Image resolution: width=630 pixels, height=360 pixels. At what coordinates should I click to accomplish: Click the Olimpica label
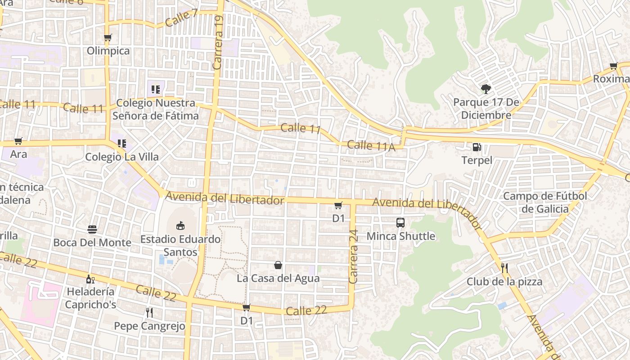[x=108, y=51]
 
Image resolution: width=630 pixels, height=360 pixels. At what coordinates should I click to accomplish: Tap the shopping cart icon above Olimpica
[x=108, y=38]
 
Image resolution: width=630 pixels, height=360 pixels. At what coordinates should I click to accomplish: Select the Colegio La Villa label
[x=122, y=157]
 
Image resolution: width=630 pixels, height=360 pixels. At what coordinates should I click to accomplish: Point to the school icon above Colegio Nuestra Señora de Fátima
[x=156, y=89]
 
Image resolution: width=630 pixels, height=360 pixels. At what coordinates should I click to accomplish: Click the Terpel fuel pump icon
[x=477, y=147]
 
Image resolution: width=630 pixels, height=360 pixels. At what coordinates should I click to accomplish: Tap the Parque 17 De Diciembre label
[x=486, y=109]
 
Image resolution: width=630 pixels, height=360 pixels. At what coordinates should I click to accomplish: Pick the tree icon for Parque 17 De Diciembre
[x=486, y=89]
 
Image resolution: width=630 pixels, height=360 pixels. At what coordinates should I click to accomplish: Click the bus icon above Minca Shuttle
[x=400, y=222]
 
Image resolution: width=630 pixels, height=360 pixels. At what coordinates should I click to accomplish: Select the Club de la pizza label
[x=504, y=282]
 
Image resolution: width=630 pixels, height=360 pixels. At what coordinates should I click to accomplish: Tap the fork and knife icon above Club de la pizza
[x=504, y=268]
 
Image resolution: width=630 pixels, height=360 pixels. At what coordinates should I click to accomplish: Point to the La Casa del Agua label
[x=278, y=278]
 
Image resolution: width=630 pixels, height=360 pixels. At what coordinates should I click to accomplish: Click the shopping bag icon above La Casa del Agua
[x=278, y=265]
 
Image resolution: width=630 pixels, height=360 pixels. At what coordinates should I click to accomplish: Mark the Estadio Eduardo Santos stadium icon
[x=180, y=225]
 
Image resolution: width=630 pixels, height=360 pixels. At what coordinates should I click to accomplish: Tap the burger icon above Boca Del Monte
[x=92, y=229]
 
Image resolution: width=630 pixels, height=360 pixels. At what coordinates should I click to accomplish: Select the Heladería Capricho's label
[x=90, y=298]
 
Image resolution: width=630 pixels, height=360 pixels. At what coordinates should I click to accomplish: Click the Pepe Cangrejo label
[x=149, y=326]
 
